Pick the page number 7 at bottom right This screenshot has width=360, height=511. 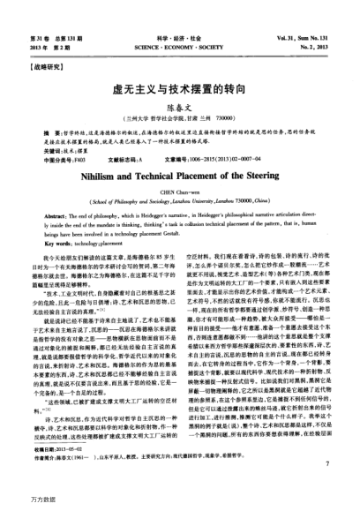326,485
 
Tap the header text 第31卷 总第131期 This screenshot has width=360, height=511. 50,35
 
